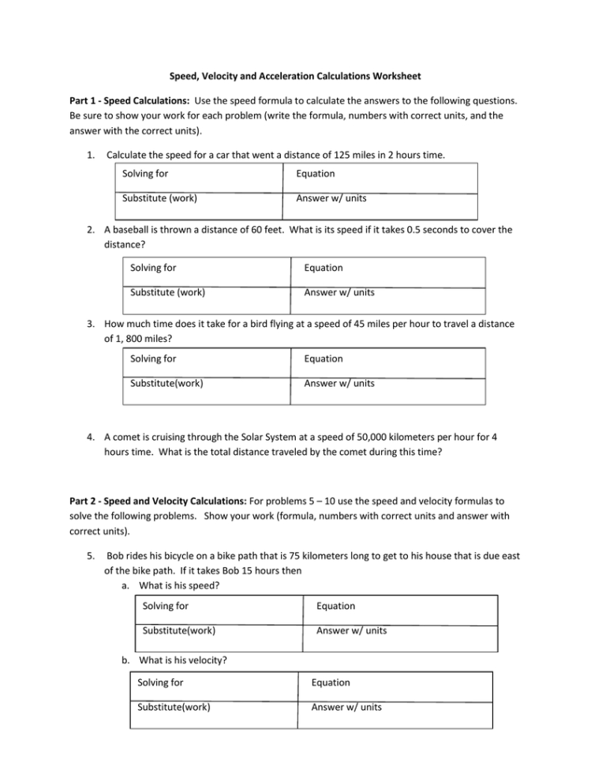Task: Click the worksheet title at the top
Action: click(x=296, y=77)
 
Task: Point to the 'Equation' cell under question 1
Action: click(x=315, y=174)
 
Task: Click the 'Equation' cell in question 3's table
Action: click(x=324, y=359)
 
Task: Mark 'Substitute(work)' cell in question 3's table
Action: click(x=166, y=383)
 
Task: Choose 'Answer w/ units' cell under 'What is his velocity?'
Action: click(x=346, y=707)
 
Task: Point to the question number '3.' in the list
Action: click(x=92, y=322)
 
